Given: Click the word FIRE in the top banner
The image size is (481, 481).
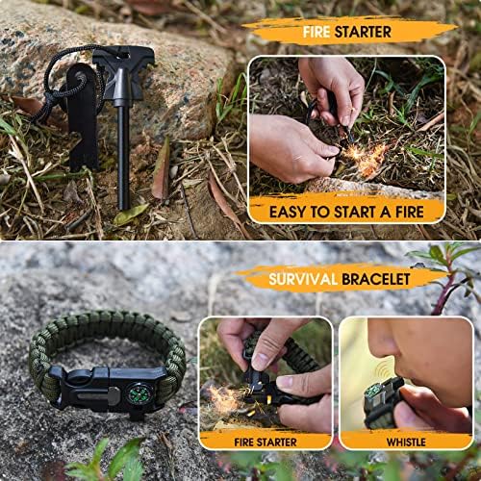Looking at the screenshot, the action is click(316, 32).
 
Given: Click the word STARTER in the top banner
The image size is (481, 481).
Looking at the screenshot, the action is click(363, 32).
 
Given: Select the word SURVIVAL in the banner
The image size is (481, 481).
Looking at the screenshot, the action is click(303, 279).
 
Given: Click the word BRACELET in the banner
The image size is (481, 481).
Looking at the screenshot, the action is click(376, 279).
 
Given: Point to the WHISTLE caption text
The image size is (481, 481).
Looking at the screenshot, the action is click(406, 443).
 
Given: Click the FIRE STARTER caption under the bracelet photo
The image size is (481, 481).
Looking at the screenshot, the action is click(266, 443).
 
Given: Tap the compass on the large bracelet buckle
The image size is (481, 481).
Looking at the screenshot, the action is click(139, 393).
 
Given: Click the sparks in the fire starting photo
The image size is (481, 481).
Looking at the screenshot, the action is click(364, 157).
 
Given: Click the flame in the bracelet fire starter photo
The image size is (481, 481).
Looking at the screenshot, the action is click(224, 397).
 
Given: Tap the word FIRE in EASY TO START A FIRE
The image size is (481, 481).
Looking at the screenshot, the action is click(410, 212).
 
